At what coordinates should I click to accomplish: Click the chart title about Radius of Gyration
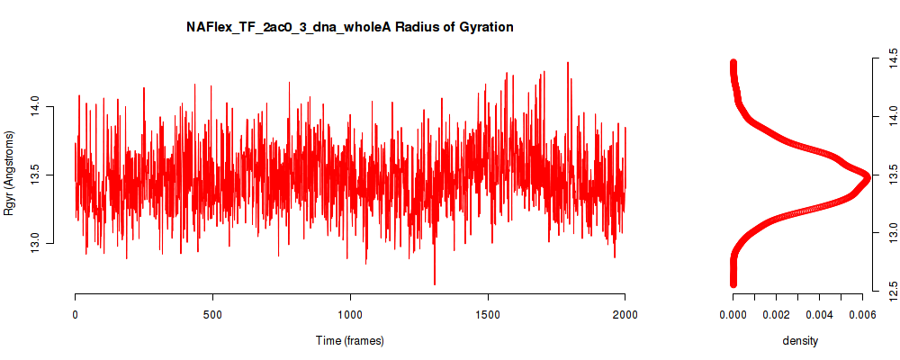coord(349,27)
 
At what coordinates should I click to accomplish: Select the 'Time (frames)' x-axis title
coord(349,340)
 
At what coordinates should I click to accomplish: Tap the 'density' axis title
coord(800,340)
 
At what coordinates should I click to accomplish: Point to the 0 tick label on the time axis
coord(76,314)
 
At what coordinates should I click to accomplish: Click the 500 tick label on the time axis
coord(212,314)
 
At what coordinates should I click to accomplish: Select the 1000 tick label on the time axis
coord(350,314)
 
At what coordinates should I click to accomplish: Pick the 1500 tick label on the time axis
coord(487,314)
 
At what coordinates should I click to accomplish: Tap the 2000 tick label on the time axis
coord(625,314)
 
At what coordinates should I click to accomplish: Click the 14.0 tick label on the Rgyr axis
coord(34,107)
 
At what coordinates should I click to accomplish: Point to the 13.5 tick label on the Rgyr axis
coord(34,175)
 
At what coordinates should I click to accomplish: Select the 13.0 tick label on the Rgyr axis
coord(34,243)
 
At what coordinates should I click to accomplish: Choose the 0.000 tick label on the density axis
coord(733,314)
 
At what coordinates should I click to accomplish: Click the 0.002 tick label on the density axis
coord(776,314)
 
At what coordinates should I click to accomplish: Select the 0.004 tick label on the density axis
coord(820,314)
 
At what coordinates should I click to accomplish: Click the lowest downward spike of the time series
coord(435,283)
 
